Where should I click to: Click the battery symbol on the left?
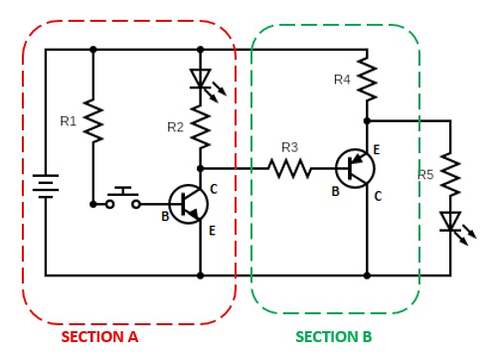45,188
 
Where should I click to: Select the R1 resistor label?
68,121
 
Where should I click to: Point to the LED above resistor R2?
201,80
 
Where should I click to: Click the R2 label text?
175,126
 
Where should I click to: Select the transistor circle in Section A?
188,204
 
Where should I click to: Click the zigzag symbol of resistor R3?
289,169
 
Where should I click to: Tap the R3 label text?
289,147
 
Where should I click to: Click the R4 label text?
341,78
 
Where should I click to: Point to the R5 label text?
426,175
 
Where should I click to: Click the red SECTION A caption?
99,337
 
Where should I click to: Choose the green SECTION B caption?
333,337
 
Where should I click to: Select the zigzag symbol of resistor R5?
451,173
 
